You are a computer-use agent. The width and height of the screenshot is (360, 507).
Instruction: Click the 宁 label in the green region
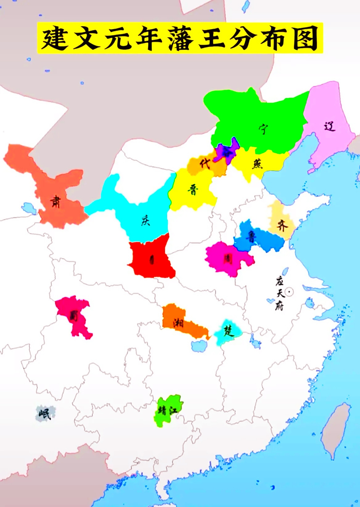262,129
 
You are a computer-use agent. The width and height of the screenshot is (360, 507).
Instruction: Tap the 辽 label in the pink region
329,126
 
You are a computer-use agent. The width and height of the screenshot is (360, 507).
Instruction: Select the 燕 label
257,164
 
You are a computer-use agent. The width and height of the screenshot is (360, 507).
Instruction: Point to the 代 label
205,164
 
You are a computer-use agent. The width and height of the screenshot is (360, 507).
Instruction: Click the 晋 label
193,190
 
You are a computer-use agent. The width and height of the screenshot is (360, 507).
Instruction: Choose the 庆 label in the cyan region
146,220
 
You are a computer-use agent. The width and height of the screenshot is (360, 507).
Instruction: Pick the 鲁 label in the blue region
251,237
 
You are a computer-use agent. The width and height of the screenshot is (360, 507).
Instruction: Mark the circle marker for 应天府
289,292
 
